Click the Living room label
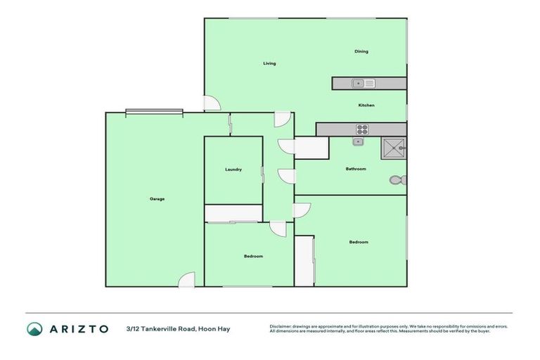[x=269, y=63]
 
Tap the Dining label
[x=361, y=51]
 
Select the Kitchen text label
[x=366, y=105]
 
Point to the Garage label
[x=157, y=199]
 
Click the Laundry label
[x=233, y=169]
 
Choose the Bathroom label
[x=356, y=169]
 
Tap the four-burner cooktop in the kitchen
[x=363, y=129]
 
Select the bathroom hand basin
[x=358, y=142]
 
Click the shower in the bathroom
[x=394, y=149]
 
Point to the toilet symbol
[x=397, y=181]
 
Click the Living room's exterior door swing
[x=212, y=103]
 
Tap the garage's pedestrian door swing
[x=186, y=279]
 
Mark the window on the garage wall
[x=154, y=111]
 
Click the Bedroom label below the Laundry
[x=253, y=256]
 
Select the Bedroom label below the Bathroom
[x=359, y=242]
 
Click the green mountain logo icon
[x=34, y=328]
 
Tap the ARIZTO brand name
[x=78, y=328]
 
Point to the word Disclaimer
[x=281, y=326]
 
